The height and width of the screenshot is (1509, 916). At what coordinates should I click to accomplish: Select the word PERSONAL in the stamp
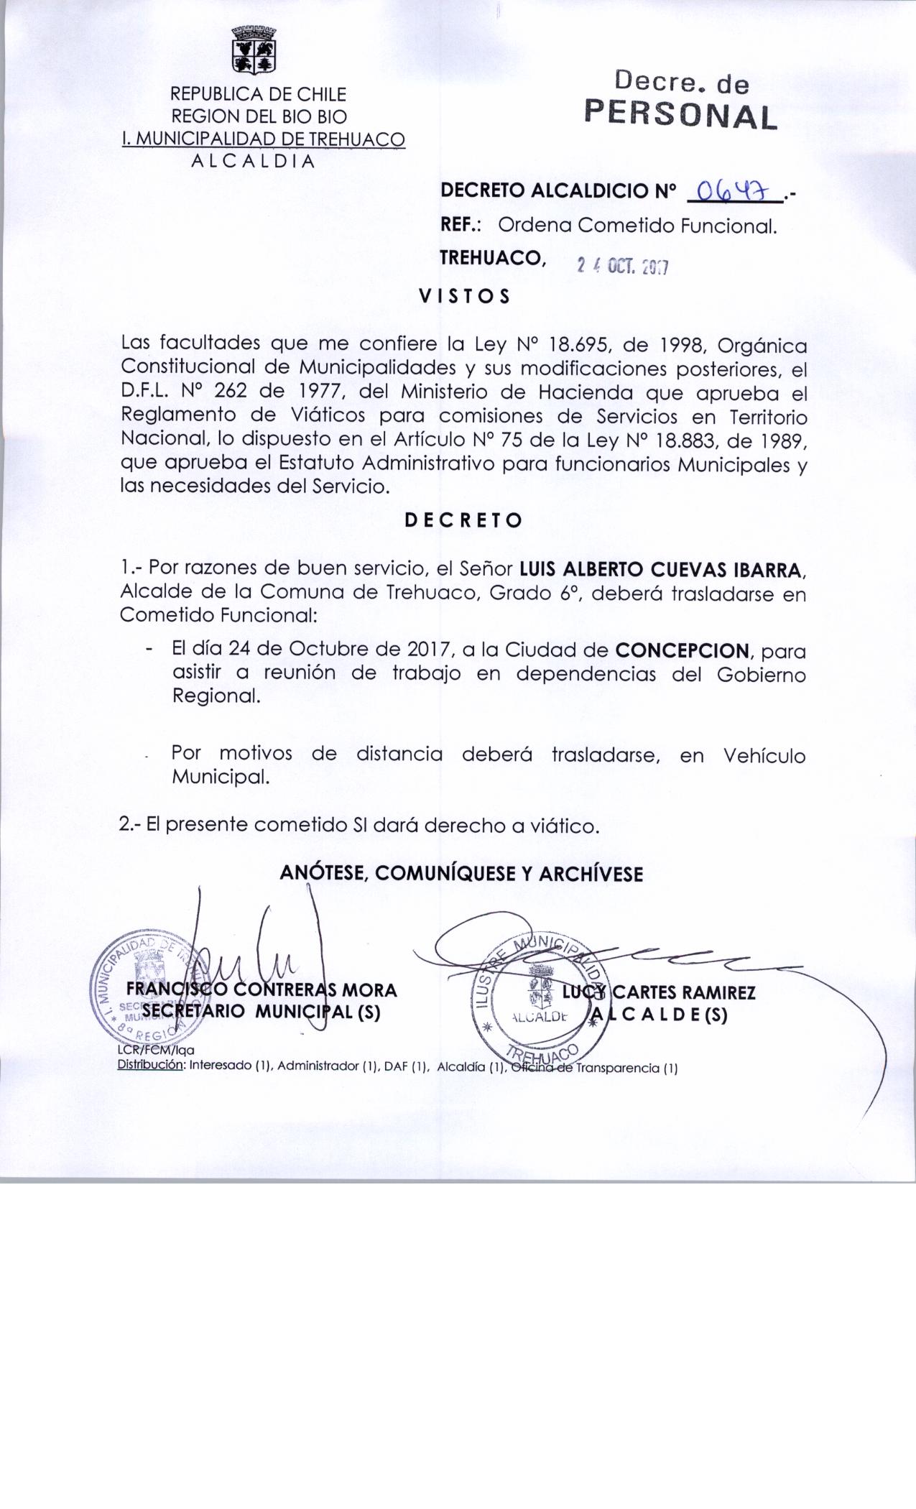point(681,116)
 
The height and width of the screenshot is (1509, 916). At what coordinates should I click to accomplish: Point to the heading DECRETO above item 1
point(463,520)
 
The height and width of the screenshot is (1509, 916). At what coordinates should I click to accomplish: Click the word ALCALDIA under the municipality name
point(253,162)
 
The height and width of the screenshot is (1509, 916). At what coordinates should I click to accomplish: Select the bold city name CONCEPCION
point(682,651)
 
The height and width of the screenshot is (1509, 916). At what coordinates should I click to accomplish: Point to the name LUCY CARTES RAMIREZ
point(659,992)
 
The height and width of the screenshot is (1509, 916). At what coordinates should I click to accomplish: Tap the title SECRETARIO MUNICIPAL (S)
point(262,1012)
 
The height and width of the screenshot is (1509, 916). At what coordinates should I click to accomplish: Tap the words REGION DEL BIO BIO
point(258,116)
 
